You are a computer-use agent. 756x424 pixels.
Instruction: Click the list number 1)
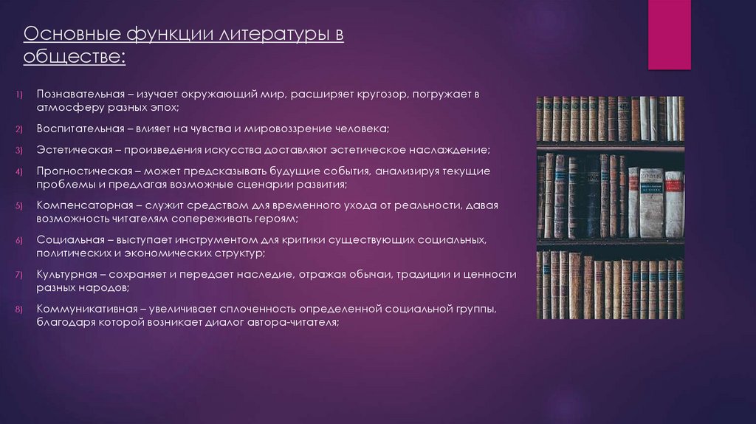20,95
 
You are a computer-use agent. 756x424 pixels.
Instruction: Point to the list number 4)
20,171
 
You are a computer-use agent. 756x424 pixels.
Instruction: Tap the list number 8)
20,309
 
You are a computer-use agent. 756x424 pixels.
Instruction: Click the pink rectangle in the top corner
669,35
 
